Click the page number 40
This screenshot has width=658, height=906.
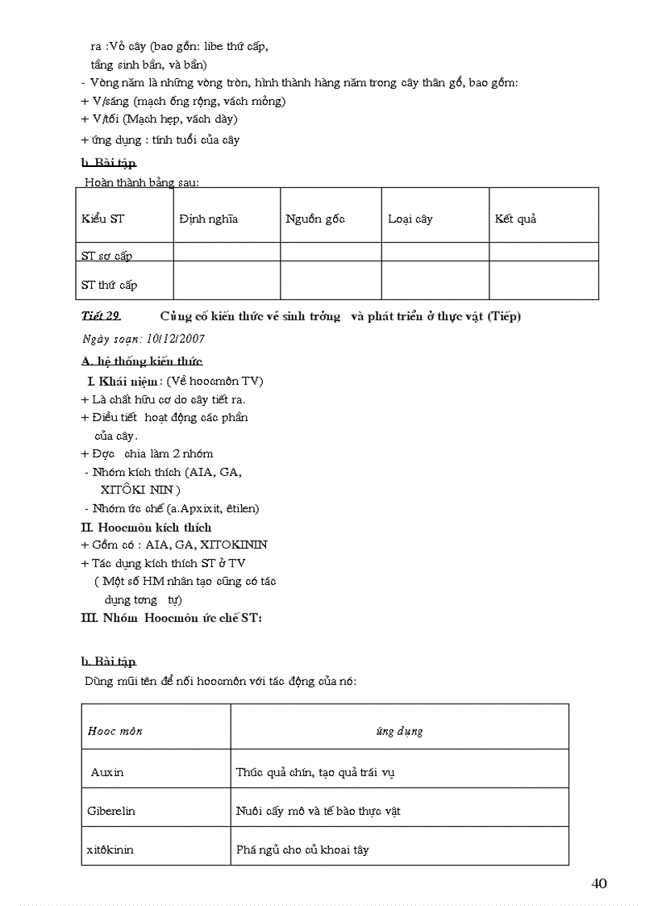point(598,883)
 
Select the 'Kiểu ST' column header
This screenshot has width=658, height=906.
point(102,219)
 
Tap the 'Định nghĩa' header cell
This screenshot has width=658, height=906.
point(208,219)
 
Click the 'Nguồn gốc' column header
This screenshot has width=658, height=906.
point(314,219)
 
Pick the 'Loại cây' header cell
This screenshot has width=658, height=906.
point(410,219)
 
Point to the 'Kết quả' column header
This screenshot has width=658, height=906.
point(515,219)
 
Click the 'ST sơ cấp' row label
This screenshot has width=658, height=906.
point(106,256)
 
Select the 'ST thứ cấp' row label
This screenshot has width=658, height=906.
point(109,285)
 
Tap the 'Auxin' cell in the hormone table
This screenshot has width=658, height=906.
point(107,772)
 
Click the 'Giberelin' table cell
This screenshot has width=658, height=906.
point(110,811)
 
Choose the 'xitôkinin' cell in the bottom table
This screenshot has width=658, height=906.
point(110,850)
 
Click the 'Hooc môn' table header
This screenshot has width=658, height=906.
point(115,731)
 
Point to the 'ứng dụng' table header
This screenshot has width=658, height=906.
point(399,731)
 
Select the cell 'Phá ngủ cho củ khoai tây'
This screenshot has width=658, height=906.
point(302,850)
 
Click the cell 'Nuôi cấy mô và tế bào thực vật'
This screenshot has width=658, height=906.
point(318,811)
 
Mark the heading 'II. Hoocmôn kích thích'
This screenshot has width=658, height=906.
point(146,527)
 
